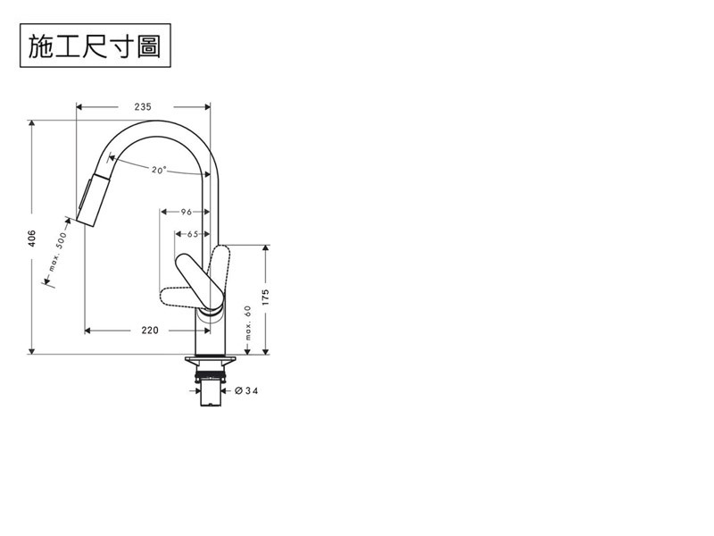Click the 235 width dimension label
(x=143, y=106)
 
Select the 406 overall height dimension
(x=31, y=239)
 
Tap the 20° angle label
(x=159, y=170)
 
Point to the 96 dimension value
(x=187, y=212)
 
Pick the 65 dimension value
(x=193, y=234)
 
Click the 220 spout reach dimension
(x=150, y=330)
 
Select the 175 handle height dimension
(x=265, y=297)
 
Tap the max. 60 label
(x=248, y=322)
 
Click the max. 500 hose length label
(x=57, y=252)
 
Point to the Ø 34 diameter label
(x=246, y=390)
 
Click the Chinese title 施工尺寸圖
(x=95, y=46)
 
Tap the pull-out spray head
(x=95, y=200)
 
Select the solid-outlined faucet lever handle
(x=200, y=281)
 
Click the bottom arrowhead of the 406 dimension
(x=31, y=350)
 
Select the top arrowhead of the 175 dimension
(x=265, y=248)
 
